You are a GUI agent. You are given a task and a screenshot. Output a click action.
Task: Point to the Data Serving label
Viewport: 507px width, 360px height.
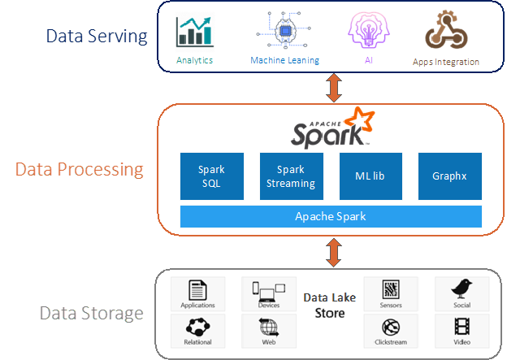coord(97,36)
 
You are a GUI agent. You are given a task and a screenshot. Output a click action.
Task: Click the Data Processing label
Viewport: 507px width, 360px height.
coord(79,170)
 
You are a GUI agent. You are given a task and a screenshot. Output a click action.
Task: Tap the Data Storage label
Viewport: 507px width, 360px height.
coord(91,313)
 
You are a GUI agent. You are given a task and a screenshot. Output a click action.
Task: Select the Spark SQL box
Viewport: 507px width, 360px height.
coord(211,176)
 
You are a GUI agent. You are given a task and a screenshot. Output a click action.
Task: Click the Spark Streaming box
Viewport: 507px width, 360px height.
coord(291,176)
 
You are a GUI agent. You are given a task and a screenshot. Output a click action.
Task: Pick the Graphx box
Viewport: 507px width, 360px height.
coord(449,176)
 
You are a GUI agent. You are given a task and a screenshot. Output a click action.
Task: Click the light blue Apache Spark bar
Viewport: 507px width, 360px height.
coord(331,216)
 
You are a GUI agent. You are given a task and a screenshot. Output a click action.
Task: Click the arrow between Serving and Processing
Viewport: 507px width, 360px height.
coord(331,87)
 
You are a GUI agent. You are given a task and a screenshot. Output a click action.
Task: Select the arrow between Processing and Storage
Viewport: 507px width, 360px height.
coord(331,251)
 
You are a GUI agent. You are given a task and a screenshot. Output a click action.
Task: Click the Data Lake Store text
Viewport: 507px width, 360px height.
coord(330,306)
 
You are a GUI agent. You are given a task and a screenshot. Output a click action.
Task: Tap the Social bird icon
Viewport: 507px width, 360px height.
coord(461,289)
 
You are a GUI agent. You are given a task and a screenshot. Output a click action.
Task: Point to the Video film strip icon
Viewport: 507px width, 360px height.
coord(461,327)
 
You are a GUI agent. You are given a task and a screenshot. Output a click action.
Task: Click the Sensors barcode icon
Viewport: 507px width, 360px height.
coord(391,289)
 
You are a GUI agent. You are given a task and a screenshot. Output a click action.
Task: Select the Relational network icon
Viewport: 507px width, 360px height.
coord(197,327)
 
